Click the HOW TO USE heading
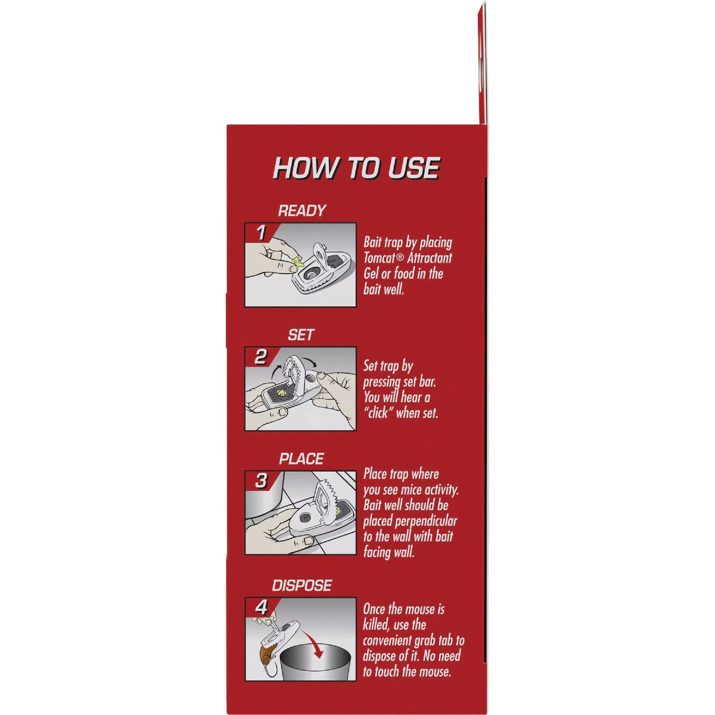(x=356, y=169)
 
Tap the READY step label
(x=301, y=210)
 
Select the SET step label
(x=300, y=335)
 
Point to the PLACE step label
(x=301, y=459)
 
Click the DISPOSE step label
(x=302, y=586)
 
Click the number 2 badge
(x=260, y=357)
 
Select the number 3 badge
(x=261, y=481)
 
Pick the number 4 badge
(x=261, y=608)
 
